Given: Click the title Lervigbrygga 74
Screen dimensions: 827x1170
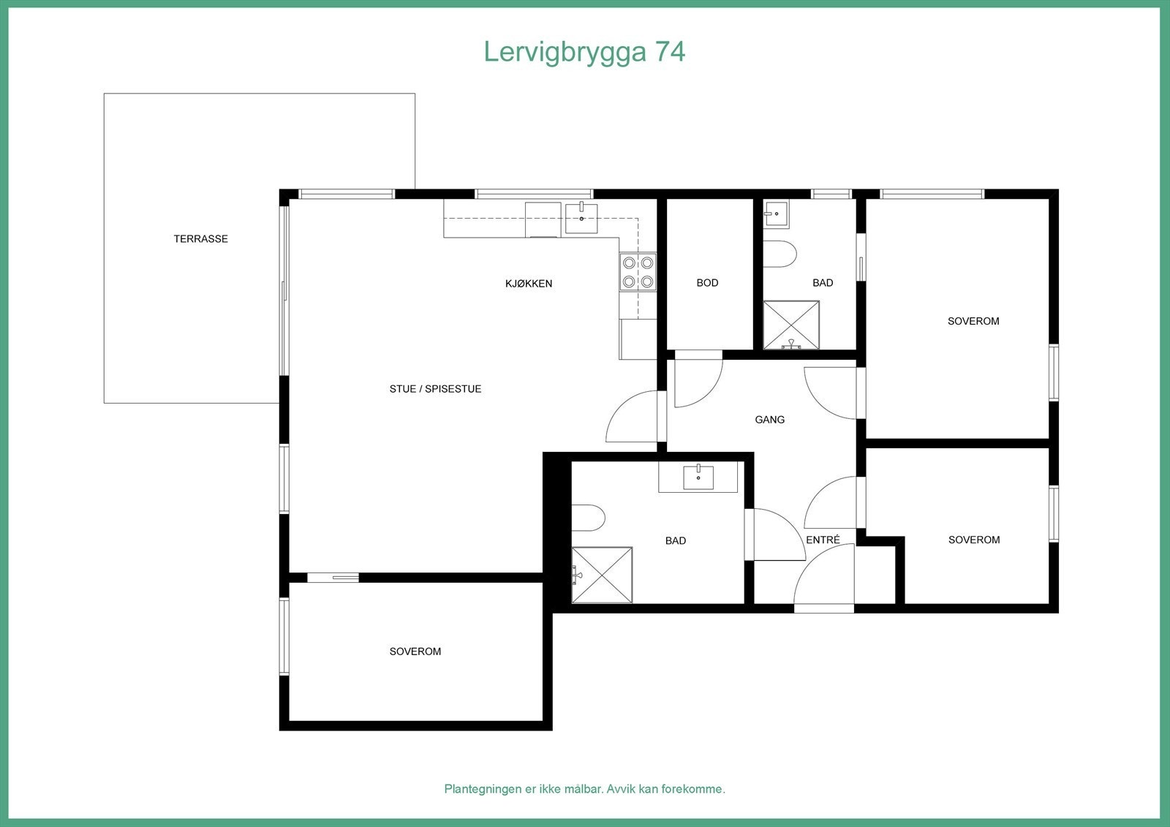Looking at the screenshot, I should (x=584, y=52).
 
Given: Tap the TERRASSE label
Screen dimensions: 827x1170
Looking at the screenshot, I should (x=200, y=239).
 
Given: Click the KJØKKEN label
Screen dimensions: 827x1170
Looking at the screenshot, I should (x=529, y=284).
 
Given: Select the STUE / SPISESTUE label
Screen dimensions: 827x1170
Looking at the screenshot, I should (x=435, y=389).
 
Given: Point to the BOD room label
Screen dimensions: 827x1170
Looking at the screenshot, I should (x=707, y=283).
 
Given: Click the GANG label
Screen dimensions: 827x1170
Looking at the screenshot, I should (x=769, y=420).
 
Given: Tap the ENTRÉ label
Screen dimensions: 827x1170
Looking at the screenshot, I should (x=823, y=540).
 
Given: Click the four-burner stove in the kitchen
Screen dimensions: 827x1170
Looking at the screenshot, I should (x=638, y=272).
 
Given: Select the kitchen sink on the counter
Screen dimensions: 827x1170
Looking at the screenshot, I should (x=581, y=218).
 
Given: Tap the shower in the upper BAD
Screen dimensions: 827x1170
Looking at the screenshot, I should (x=790, y=325).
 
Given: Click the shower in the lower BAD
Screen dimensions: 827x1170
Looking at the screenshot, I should (x=602, y=575).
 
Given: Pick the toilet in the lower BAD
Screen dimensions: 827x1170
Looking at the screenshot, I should (x=588, y=518).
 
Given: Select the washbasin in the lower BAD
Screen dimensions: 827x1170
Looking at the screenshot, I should (x=698, y=477).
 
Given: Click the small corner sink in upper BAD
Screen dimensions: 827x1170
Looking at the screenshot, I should (x=775, y=214).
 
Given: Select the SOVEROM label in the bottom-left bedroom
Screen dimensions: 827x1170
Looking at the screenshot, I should (x=415, y=652).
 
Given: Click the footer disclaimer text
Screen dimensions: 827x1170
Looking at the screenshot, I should (x=584, y=789).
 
